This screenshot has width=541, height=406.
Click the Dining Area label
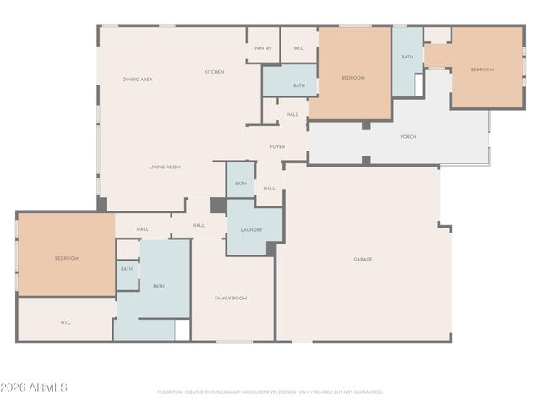point(137,80)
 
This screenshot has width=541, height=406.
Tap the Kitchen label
point(214,72)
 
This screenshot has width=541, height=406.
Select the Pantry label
point(263,48)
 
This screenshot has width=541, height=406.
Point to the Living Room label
point(165,167)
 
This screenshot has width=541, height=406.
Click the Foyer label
point(277,147)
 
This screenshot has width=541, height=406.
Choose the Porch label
point(407,137)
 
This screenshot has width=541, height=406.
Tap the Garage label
point(363,259)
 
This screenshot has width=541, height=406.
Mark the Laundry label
point(251,230)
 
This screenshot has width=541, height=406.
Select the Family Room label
point(230,299)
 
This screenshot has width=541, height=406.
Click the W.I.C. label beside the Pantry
point(298,48)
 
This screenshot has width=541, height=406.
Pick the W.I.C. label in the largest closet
point(66,322)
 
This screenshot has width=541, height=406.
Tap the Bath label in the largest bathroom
point(158,287)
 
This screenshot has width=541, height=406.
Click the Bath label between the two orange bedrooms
point(407,57)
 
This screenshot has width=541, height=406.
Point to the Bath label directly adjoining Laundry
point(241,184)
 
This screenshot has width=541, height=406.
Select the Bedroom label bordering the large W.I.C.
point(66,258)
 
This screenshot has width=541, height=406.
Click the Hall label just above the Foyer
point(292,114)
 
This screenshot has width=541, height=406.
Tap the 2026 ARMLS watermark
point(34,387)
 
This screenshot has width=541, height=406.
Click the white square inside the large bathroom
point(183,330)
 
